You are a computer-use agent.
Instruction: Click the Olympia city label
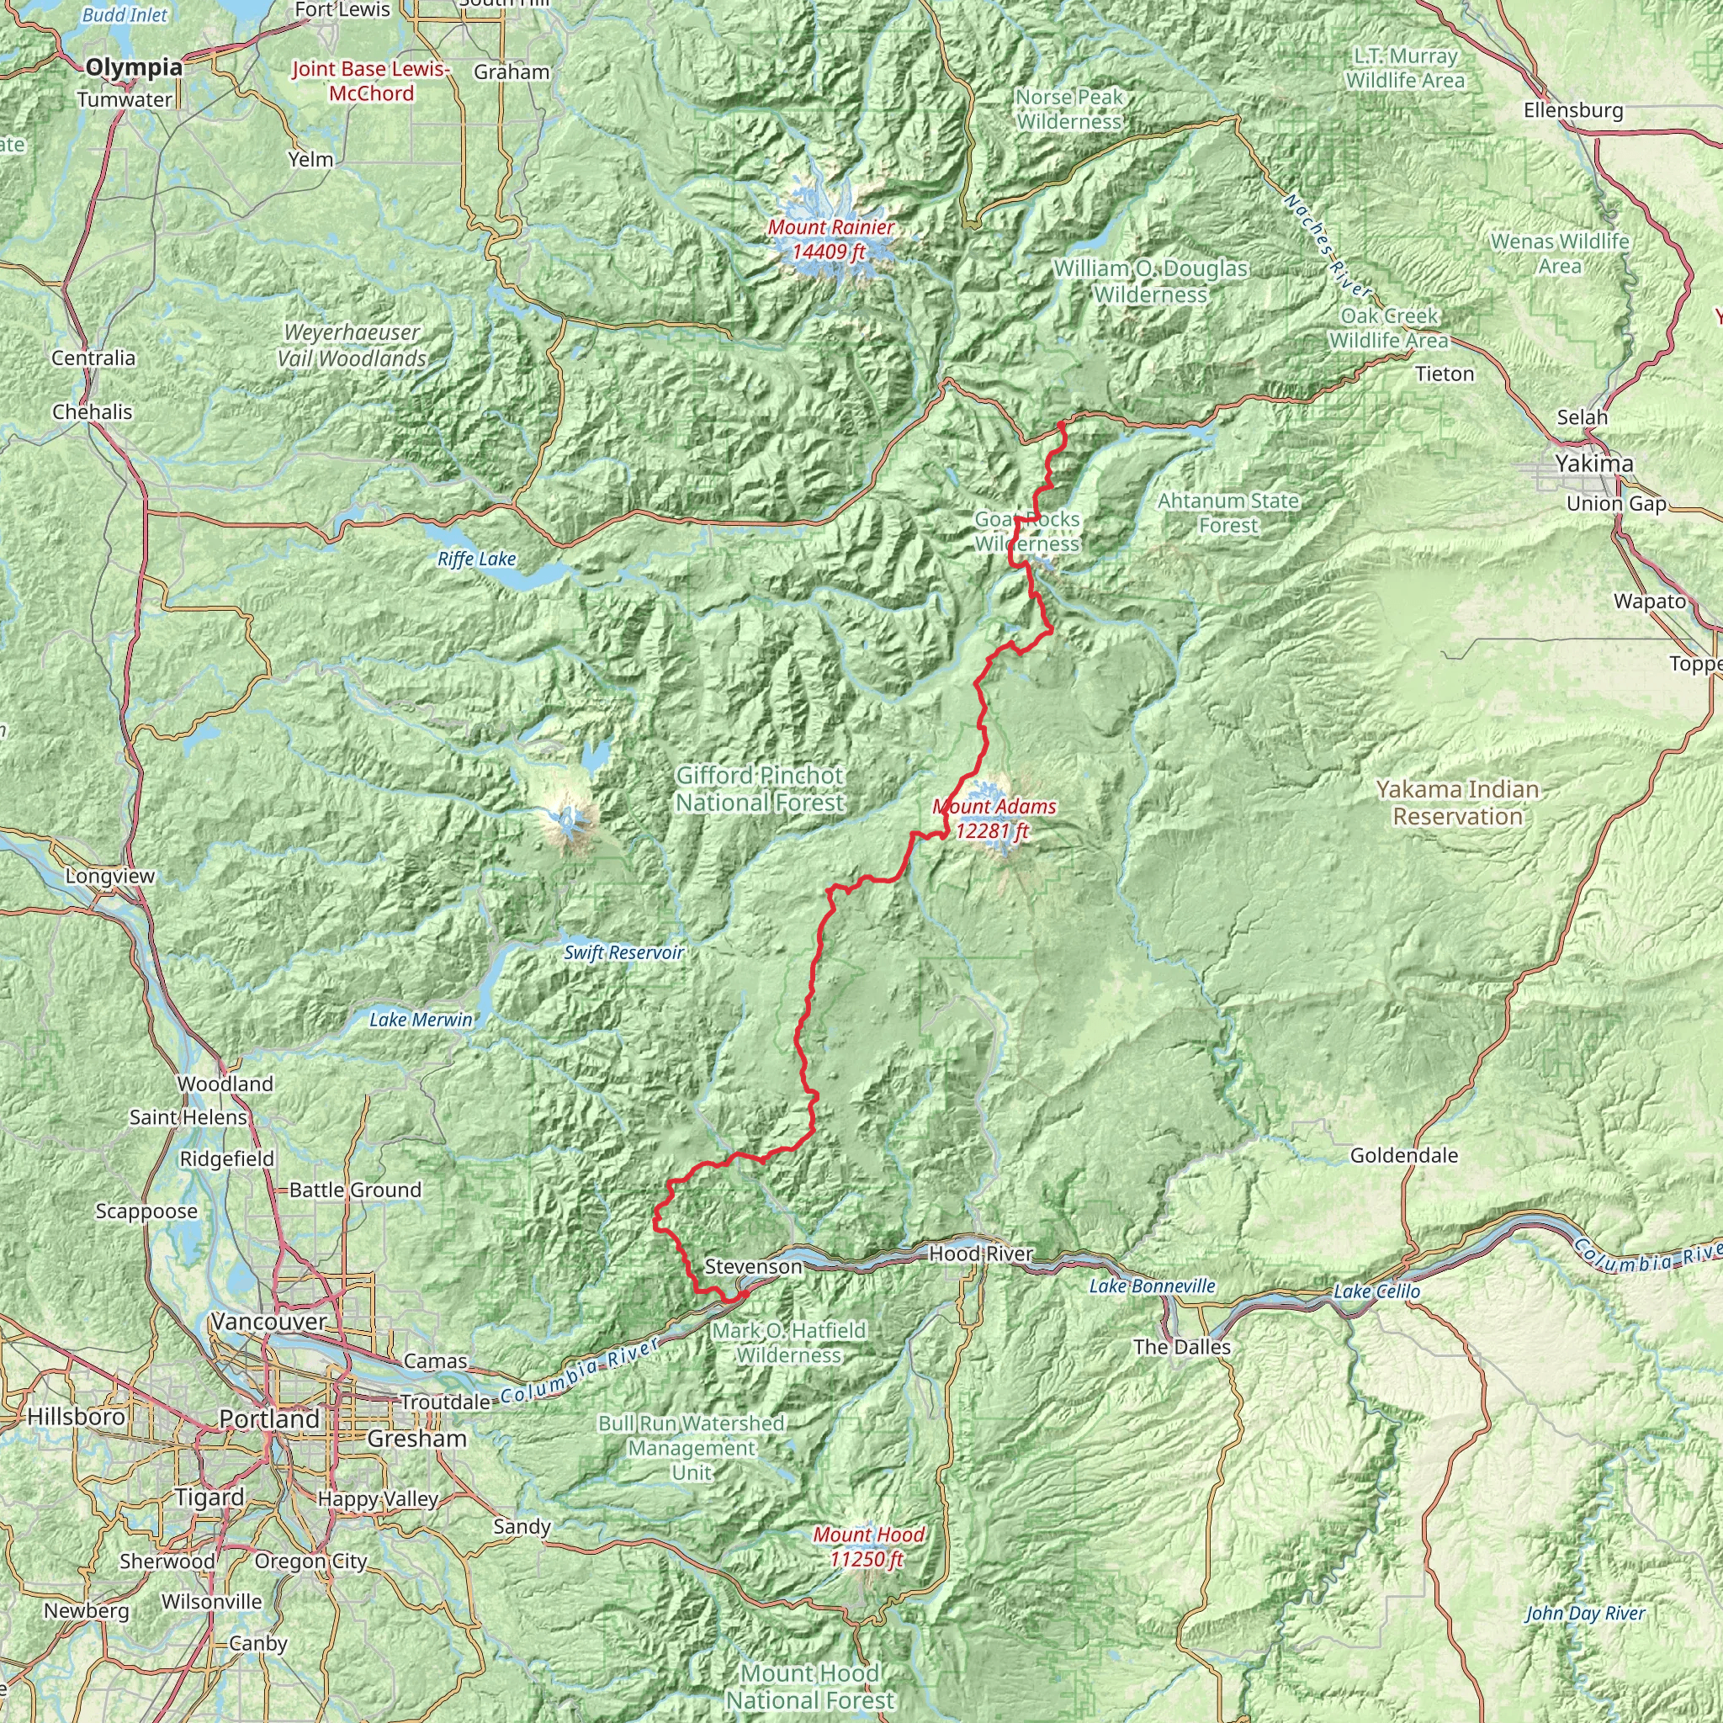[x=134, y=67]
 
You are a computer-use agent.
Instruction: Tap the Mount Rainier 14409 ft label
[x=830, y=239]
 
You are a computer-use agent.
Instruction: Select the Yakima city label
[x=1593, y=464]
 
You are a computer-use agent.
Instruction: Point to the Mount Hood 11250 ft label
[x=867, y=1546]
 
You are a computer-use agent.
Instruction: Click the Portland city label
[x=269, y=1419]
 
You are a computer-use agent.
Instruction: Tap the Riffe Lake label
[x=476, y=559]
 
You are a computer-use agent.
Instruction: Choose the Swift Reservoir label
[x=623, y=952]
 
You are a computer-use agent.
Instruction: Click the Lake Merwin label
[x=421, y=1020]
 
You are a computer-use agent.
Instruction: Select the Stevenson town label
[x=753, y=1266]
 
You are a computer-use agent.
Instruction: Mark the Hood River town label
[x=980, y=1254]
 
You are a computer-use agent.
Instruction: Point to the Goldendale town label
[x=1404, y=1156]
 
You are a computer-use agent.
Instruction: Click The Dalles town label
[x=1182, y=1347]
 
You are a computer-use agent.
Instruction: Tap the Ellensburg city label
[x=1573, y=110]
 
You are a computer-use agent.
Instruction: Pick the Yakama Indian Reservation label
[x=1457, y=803]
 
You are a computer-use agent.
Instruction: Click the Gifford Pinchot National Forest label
[x=759, y=789]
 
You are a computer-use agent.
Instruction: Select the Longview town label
[x=109, y=876]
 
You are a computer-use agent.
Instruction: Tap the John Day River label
[x=1585, y=1613]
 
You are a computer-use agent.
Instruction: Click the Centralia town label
[x=93, y=358]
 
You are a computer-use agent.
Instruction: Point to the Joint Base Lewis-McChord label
[x=371, y=81]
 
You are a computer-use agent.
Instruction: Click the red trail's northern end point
[x=1063, y=425]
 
